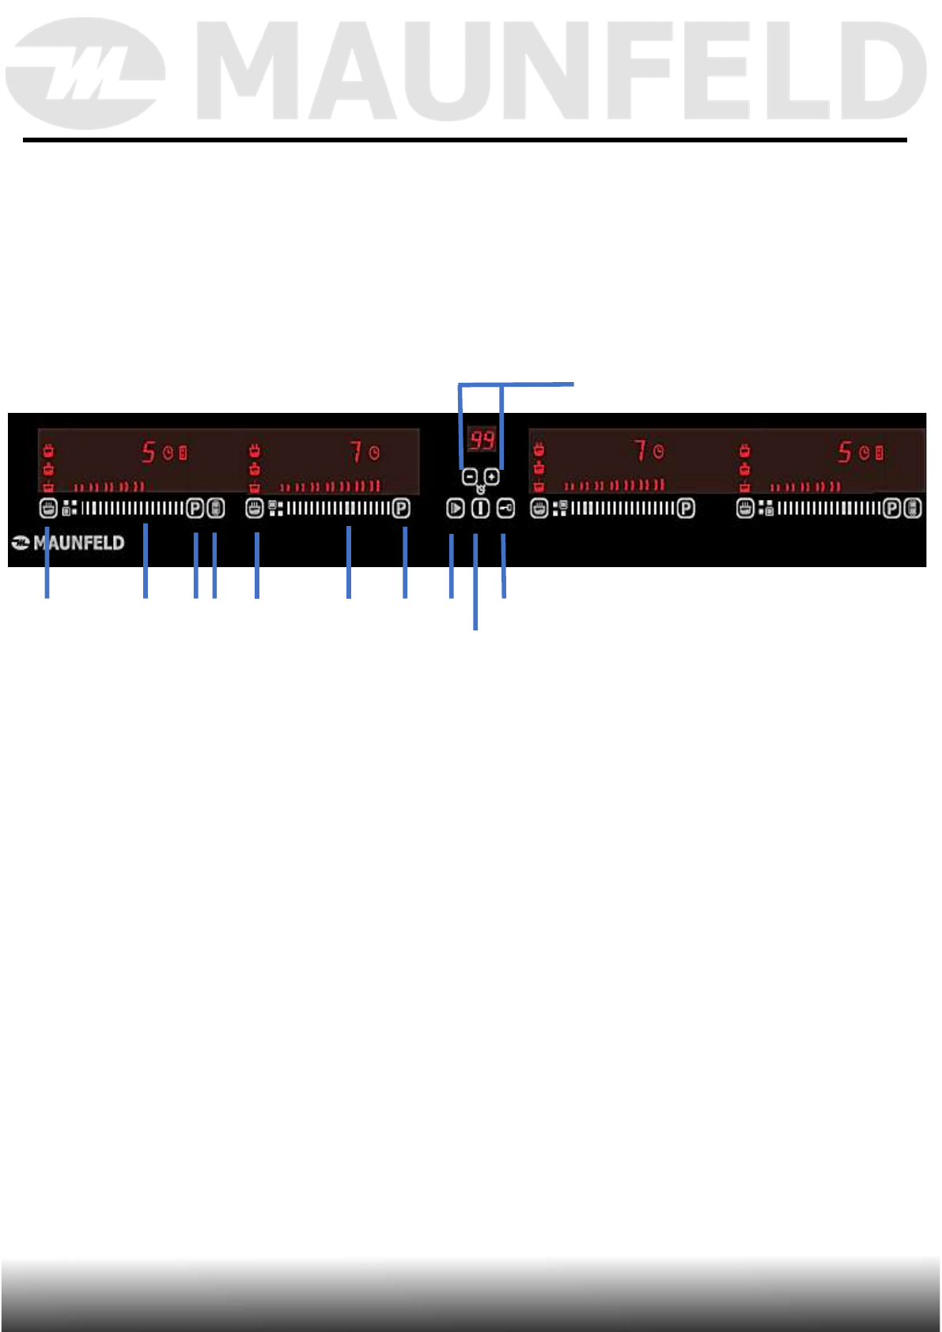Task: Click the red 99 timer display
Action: [x=482, y=440]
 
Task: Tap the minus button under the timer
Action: [x=469, y=477]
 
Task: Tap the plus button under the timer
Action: [x=492, y=477]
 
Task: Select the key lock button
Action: [x=505, y=509]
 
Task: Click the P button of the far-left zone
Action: [x=195, y=508]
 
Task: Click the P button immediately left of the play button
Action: [x=401, y=509]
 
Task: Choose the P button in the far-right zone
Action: [x=892, y=509]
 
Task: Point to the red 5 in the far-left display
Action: [x=149, y=452]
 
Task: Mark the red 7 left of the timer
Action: [x=357, y=452]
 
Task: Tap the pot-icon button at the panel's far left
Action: [x=47, y=508]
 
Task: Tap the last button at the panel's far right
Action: [x=913, y=509]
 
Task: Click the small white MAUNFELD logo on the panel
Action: [x=69, y=543]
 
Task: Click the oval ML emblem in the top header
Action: [x=85, y=74]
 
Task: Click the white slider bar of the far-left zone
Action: [x=132, y=508]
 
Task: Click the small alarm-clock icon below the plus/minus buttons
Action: [x=480, y=490]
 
